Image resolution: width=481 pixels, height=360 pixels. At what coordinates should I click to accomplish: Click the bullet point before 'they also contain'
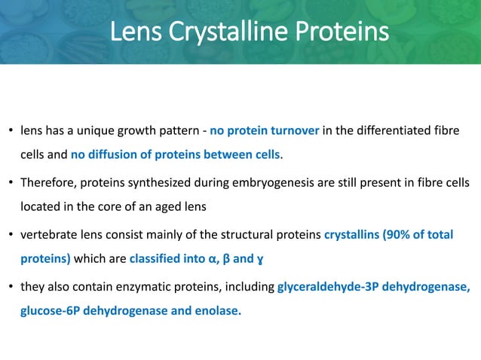coord(11,286)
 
